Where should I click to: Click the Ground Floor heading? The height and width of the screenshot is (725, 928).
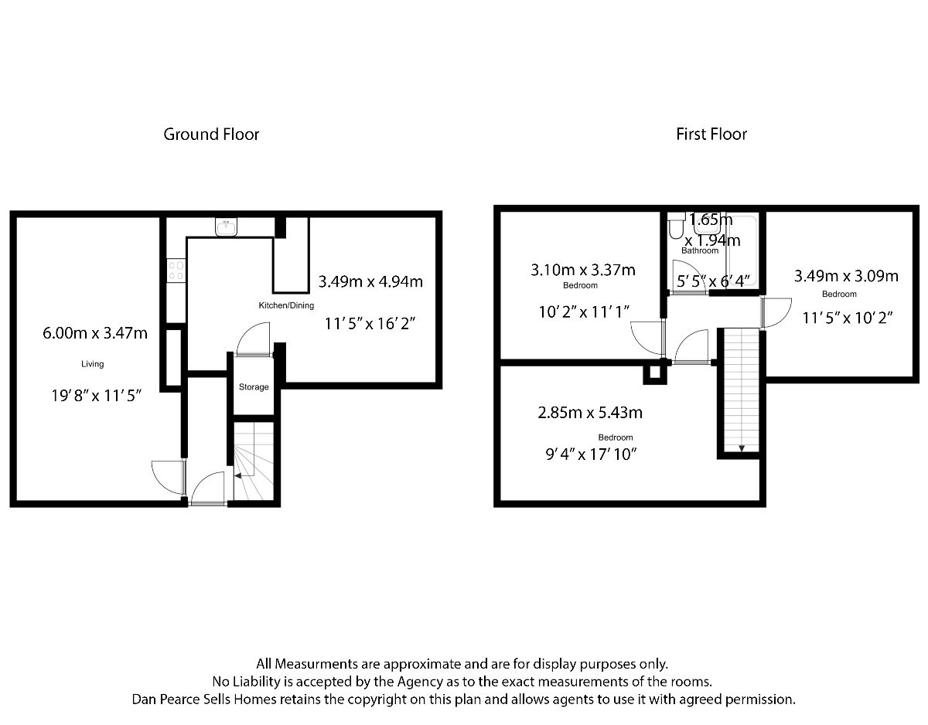[211, 134]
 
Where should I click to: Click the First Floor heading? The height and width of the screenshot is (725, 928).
[711, 134]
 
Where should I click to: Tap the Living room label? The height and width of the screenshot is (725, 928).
[93, 363]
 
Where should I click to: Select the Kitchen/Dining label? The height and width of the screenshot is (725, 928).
[286, 305]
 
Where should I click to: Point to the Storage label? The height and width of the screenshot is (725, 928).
[254, 386]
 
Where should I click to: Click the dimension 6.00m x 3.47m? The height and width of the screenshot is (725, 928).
[95, 333]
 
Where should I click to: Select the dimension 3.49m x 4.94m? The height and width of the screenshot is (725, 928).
[370, 281]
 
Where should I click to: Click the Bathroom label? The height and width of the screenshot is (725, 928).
[700, 250]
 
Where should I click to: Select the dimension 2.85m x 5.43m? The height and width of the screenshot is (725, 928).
[589, 413]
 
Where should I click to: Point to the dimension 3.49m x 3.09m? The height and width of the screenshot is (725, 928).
[846, 276]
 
